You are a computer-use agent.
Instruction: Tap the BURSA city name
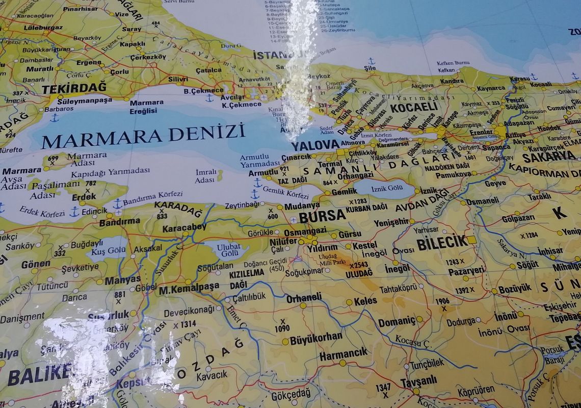click(322, 216)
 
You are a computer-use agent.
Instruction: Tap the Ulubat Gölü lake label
click(227, 250)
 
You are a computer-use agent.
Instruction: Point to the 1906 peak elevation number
click(442, 301)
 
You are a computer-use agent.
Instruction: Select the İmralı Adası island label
click(205, 176)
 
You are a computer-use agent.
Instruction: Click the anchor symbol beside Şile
click(371, 61)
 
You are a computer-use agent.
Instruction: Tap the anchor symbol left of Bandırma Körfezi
click(117, 203)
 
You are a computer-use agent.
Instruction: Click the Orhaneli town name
click(304, 297)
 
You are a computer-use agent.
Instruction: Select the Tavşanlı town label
click(418, 381)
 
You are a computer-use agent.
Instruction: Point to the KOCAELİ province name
click(413, 107)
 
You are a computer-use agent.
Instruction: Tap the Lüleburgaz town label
click(43, 27)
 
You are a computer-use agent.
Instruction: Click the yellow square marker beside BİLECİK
click(471, 240)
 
